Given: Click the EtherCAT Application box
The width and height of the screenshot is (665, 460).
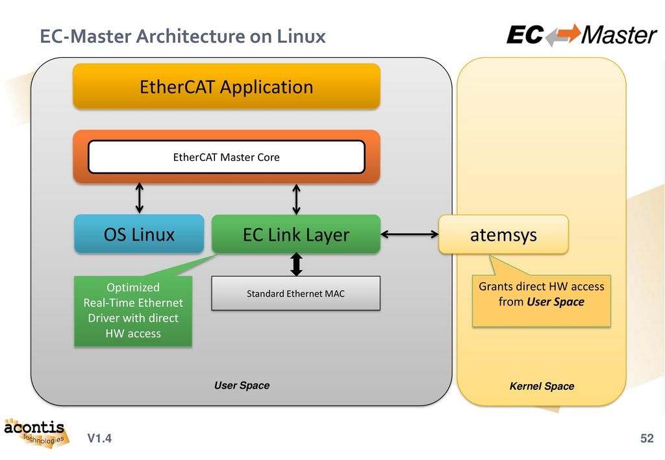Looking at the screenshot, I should (226, 86).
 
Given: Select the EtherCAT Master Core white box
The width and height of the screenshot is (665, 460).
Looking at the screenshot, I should (226, 157).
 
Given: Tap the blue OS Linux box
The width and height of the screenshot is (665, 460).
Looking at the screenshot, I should (139, 234).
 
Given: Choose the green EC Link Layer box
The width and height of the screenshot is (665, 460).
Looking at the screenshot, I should (295, 234).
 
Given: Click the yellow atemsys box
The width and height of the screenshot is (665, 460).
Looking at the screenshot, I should (503, 234).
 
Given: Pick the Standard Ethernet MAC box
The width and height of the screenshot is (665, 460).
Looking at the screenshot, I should (295, 294).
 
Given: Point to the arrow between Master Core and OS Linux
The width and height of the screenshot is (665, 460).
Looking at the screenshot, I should (139, 197).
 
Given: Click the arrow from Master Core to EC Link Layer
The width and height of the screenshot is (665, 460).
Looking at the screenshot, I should (297, 199).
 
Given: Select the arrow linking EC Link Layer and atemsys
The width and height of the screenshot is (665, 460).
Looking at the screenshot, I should (409, 234).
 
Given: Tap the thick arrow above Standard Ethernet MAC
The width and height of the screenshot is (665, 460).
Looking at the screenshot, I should (297, 264).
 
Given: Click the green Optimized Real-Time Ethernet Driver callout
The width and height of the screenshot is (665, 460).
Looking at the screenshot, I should (133, 310).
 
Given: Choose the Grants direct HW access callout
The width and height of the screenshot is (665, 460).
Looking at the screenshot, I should (541, 296).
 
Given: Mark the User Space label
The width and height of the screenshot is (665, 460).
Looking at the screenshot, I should (242, 385).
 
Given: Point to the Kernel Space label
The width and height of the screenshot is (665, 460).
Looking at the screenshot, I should (542, 386).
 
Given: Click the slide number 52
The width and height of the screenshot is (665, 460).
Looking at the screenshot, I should (646, 439).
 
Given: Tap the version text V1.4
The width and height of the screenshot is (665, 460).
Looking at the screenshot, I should (99, 439).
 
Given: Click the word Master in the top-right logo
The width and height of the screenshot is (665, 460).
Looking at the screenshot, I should (619, 34).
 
